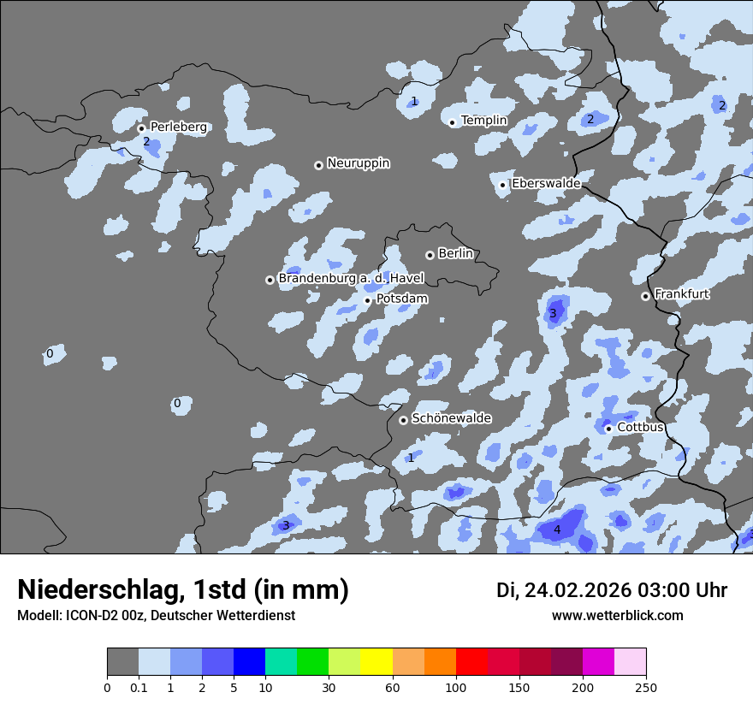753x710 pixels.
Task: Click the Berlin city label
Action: pos(455,254)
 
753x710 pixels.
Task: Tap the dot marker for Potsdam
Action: pos(368,300)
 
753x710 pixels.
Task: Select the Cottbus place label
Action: pos(640,428)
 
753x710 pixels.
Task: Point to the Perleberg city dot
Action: pos(141,128)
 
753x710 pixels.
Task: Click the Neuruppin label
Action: pos(358,163)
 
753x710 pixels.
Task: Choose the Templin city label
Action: pos(483,121)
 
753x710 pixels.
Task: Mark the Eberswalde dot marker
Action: pos(503,185)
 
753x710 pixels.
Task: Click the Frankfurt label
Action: pos(681,294)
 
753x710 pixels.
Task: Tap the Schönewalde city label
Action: pos(451,418)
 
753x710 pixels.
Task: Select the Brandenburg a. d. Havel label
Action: pos(351,278)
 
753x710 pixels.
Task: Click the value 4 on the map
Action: pos(557,530)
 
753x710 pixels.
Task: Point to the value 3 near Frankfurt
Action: pos(553,314)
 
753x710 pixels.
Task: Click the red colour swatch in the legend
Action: pos(471,662)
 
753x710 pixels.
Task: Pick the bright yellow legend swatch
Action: pos(376,662)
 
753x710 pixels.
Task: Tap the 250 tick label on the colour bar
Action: pos(646,686)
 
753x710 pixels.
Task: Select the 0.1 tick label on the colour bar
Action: pos(139,686)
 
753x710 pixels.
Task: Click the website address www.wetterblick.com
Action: pos(617,615)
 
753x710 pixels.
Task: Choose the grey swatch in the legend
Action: pos(122,662)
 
